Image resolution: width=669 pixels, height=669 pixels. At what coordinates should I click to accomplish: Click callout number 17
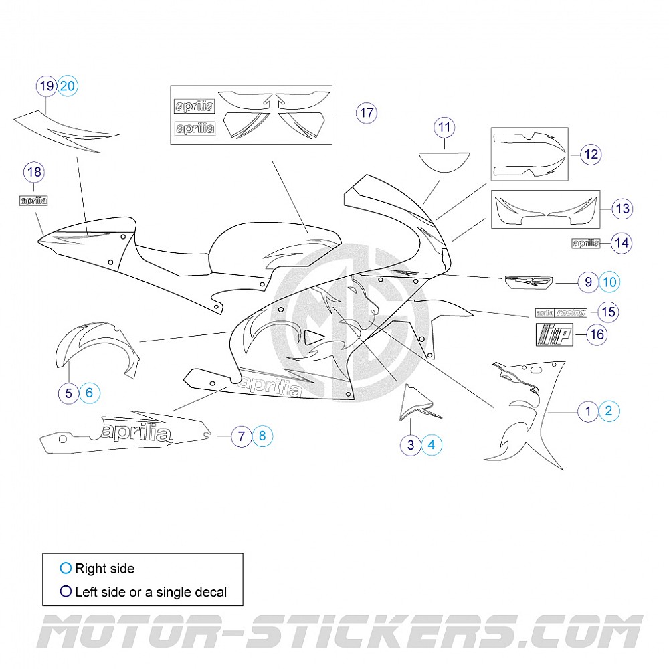pyautogui.click(x=367, y=112)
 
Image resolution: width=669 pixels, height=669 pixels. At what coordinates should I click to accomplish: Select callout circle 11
pyautogui.click(x=444, y=126)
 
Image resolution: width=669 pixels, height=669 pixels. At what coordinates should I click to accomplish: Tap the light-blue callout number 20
pyautogui.click(x=68, y=86)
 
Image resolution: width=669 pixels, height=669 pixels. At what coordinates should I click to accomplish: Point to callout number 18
pyautogui.click(x=34, y=172)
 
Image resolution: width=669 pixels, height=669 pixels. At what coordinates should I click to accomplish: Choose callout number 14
pyautogui.click(x=622, y=242)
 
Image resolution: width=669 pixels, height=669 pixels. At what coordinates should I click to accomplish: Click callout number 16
pyautogui.click(x=597, y=334)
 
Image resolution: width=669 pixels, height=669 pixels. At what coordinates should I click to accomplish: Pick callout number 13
pyautogui.click(x=622, y=209)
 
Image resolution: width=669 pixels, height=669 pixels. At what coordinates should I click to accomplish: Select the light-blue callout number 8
pyautogui.click(x=262, y=436)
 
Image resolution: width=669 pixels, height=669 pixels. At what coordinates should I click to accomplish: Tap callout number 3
pyautogui.click(x=411, y=443)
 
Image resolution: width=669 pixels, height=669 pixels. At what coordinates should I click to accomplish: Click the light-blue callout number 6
pyautogui.click(x=90, y=393)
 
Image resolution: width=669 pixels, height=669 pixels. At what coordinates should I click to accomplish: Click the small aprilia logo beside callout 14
pyautogui.click(x=585, y=243)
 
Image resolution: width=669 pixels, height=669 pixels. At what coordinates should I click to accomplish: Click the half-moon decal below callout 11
pyautogui.click(x=444, y=161)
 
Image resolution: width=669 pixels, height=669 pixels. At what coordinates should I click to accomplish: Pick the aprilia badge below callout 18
pyautogui.click(x=33, y=200)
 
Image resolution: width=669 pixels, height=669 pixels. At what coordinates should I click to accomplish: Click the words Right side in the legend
pyautogui.click(x=104, y=569)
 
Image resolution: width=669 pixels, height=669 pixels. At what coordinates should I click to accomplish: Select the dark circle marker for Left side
pyautogui.click(x=65, y=591)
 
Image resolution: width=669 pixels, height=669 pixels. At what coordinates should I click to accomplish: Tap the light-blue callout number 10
pyautogui.click(x=609, y=282)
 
